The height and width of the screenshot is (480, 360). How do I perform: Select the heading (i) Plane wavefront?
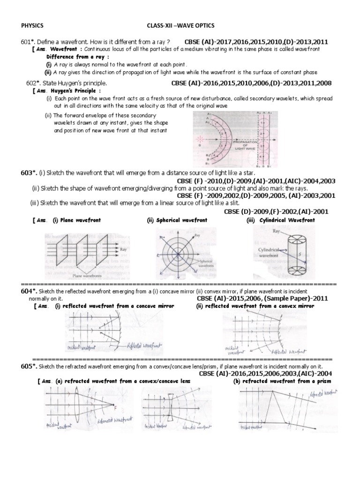76,220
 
